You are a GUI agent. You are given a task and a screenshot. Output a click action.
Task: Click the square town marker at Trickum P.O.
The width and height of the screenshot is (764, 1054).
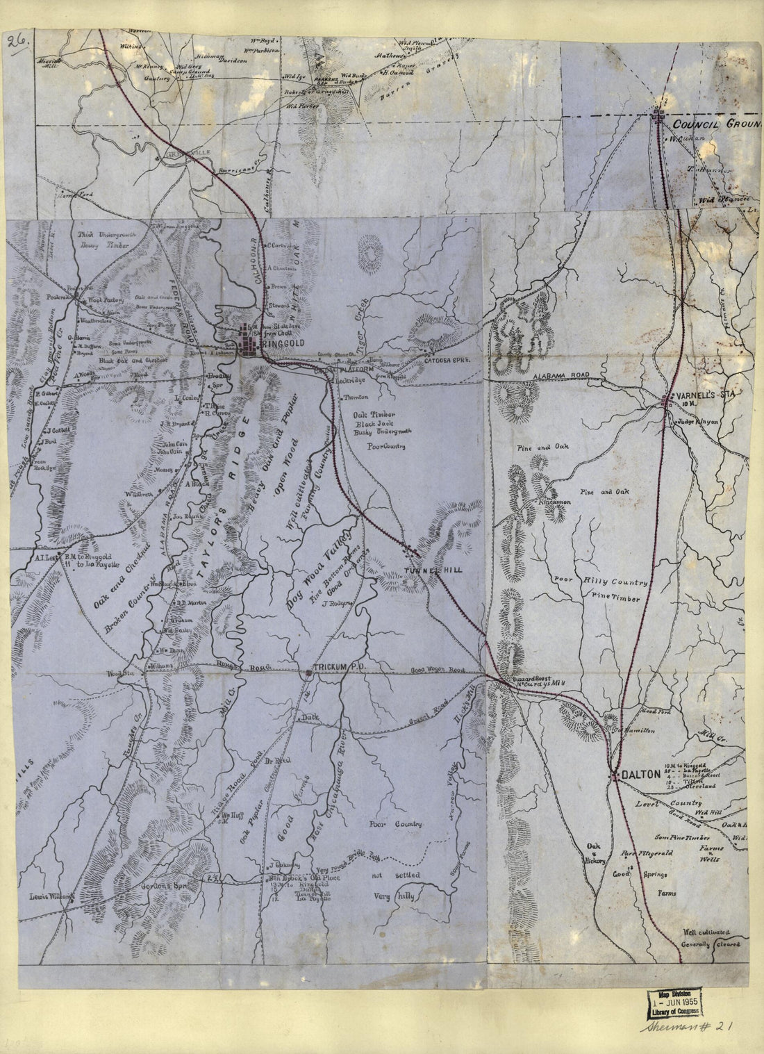(x=308, y=672)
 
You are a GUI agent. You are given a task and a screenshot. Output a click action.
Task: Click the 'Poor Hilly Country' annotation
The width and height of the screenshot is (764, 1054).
(x=601, y=582)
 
